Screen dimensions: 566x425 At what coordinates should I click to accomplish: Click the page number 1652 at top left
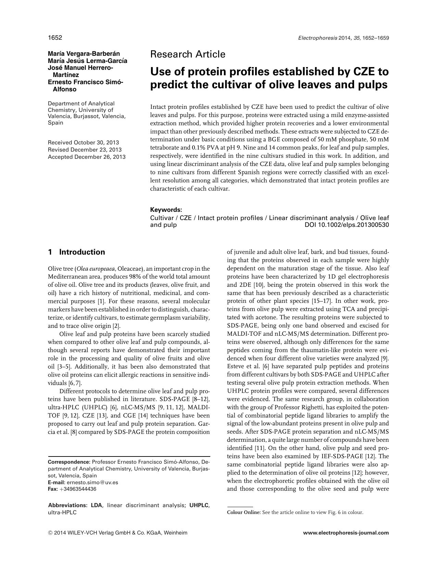(x=55, y=38)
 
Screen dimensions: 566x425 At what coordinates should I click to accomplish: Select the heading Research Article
(x=188, y=54)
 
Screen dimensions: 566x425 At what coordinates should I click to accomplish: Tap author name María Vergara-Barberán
(x=84, y=54)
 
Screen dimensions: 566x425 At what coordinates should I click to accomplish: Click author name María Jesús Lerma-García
(x=87, y=61)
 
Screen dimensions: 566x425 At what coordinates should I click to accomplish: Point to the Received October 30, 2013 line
(x=83, y=142)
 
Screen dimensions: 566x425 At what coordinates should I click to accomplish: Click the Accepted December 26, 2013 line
(x=87, y=157)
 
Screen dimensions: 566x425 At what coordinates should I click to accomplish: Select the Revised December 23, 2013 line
(x=85, y=150)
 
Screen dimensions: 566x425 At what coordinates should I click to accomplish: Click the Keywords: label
(x=166, y=210)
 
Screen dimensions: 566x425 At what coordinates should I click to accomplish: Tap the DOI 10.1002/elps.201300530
(x=347, y=225)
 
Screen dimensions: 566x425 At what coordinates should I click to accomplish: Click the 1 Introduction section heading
(x=77, y=252)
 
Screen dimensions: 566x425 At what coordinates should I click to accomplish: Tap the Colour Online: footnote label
(x=243, y=512)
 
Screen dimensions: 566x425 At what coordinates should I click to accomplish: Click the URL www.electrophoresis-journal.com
(x=346, y=533)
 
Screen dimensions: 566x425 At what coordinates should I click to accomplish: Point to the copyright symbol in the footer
(x=50, y=533)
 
